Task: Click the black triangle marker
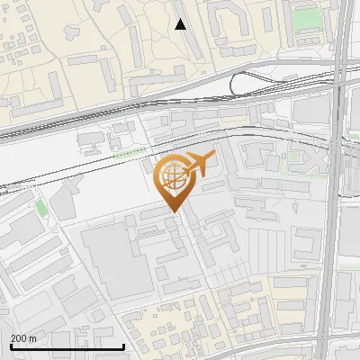[x=180, y=24]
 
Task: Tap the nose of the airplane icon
[x=212, y=157]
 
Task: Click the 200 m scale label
[x=23, y=338]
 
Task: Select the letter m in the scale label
[x=32, y=338]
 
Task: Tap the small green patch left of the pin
[x=40, y=207]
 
